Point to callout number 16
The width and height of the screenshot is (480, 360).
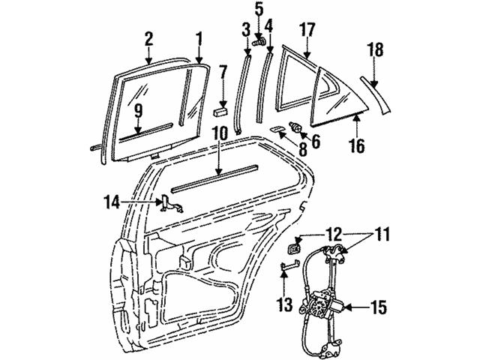357,145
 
